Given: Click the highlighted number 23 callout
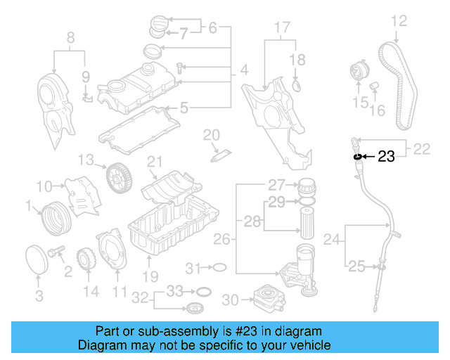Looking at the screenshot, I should click(x=386, y=156).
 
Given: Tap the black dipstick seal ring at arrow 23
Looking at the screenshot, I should click(x=357, y=156).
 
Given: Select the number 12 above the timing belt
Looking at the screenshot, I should click(x=399, y=21).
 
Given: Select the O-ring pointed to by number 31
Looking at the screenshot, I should click(x=219, y=267).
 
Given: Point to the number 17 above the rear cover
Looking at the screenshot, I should click(x=281, y=28).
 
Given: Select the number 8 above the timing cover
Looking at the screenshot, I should click(x=70, y=37).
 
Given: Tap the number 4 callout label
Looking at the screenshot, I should click(x=244, y=70).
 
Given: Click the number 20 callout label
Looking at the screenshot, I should click(x=212, y=134).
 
